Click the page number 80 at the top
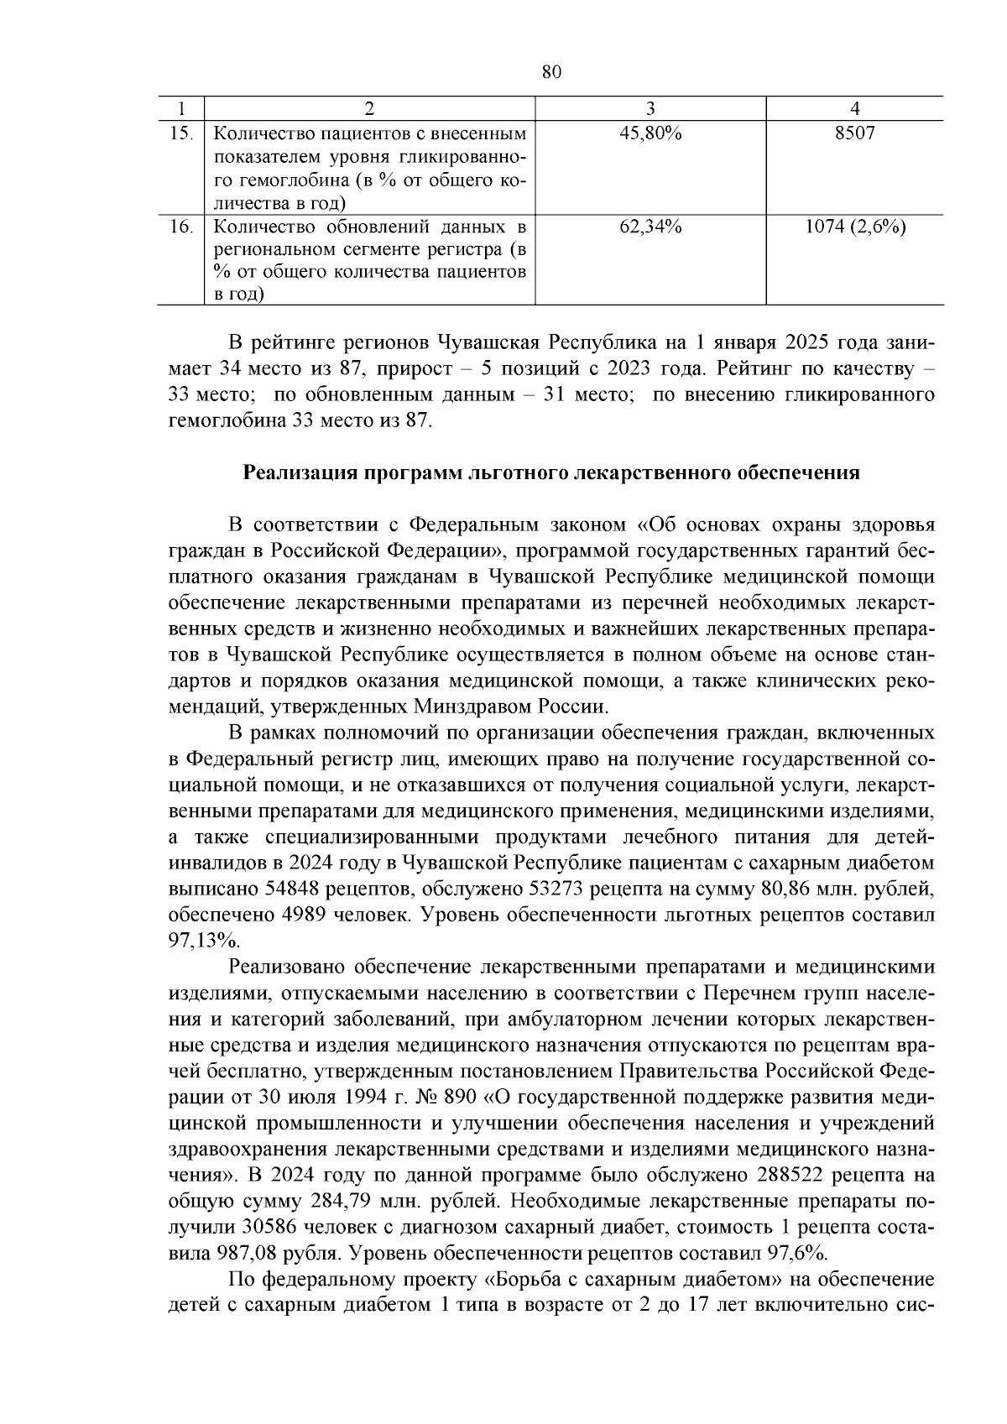pyautogui.click(x=550, y=73)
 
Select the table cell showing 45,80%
pyautogui.click(x=650, y=133)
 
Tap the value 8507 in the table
pyautogui.click(x=854, y=133)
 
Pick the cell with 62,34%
pyautogui.click(x=650, y=227)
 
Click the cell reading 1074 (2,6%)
pyautogui.click(x=854, y=227)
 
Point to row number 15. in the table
pyautogui.click(x=182, y=133)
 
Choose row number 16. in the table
pyautogui.click(x=182, y=227)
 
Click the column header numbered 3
pyautogui.click(x=650, y=108)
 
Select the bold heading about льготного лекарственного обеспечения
pyautogui.click(x=551, y=472)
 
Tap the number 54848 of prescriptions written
pyautogui.click(x=294, y=889)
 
